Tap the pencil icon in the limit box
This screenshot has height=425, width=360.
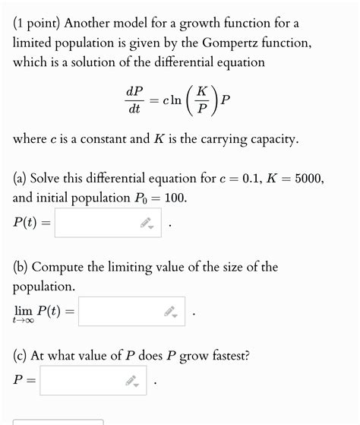[x=170, y=312]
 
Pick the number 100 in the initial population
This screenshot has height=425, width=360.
[x=173, y=198]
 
